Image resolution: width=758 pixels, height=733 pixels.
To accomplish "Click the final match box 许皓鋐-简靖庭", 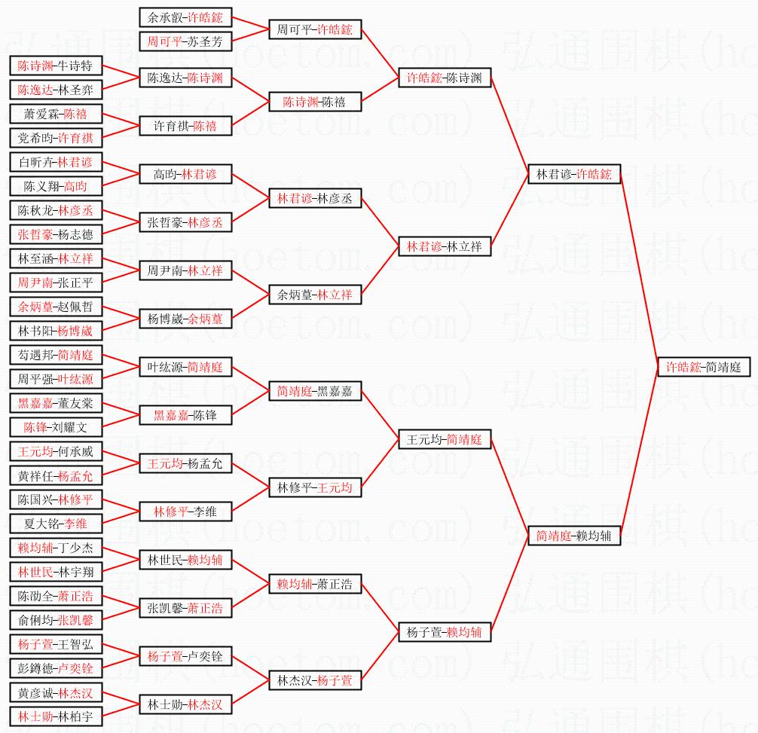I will click(703, 367).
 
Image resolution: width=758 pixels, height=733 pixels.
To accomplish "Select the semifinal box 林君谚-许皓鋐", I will click(574, 174).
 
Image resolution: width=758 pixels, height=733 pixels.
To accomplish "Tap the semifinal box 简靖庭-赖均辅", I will click(574, 536).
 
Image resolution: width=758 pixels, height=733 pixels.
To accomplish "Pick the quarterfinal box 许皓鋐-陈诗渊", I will click(445, 78).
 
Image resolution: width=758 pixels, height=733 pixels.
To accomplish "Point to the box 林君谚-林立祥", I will click(445, 246).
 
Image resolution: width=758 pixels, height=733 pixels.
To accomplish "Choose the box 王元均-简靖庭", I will click(445, 439).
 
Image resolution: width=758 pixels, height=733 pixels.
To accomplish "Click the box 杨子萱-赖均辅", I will click(445, 632).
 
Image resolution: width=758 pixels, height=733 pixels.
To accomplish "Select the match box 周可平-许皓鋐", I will click(316, 29).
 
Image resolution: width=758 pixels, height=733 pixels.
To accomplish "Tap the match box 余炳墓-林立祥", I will click(316, 295).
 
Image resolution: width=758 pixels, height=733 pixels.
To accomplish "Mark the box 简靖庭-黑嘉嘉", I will click(316, 391).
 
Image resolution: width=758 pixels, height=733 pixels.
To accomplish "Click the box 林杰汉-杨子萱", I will click(316, 680).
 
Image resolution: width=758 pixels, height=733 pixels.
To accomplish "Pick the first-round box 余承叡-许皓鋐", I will click(186, 17).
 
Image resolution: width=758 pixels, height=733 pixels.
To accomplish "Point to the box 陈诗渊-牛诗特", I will click(56, 66).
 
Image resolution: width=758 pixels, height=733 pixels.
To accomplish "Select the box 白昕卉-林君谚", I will click(56, 162).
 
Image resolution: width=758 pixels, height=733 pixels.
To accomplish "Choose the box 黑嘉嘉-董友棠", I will click(56, 403).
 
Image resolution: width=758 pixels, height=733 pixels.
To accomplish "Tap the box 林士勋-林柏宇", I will click(56, 716).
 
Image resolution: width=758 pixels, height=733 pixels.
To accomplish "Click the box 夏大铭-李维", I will click(56, 524).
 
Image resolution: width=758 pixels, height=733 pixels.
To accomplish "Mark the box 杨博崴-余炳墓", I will click(186, 319).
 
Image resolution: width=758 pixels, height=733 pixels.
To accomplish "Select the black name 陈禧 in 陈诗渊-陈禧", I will click(334, 102).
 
